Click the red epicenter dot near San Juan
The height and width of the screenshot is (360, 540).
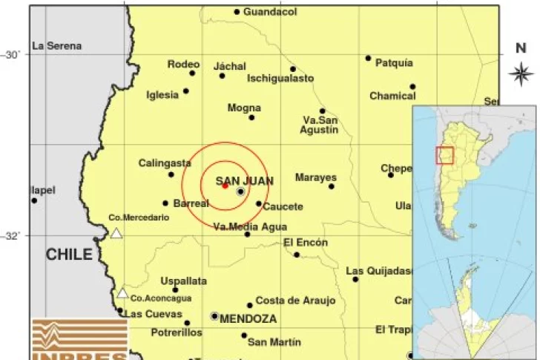[x=225, y=186]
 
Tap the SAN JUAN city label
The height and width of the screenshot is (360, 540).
[x=244, y=180]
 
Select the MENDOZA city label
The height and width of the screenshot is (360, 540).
[x=249, y=318]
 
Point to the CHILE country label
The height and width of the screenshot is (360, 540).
[x=70, y=255]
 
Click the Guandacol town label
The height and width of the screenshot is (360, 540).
[x=270, y=12]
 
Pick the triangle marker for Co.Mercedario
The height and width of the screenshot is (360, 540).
[x=116, y=234]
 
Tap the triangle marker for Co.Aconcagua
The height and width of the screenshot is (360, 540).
[x=122, y=293]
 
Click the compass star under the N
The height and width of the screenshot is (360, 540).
[x=521, y=73]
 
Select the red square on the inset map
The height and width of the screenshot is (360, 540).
[x=444, y=155]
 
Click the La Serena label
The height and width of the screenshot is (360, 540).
[x=57, y=46]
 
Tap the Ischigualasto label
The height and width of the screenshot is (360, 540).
[x=280, y=78]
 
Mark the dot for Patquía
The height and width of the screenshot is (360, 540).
[x=368, y=58]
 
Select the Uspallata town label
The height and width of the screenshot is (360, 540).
[x=183, y=281]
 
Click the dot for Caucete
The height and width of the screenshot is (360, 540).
[x=259, y=203]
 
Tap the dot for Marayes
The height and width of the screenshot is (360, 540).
[x=332, y=186]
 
